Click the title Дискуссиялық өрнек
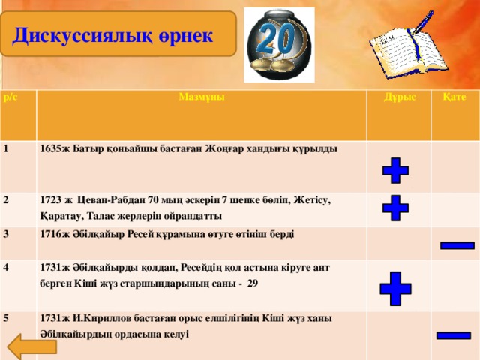[x=113, y=34]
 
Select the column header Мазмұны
[x=201, y=97]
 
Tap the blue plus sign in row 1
[x=395, y=171]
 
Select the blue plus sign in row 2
[x=395, y=208]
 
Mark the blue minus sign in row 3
[x=456, y=244]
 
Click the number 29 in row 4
[x=253, y=284]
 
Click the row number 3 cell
[x=7, y=233]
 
